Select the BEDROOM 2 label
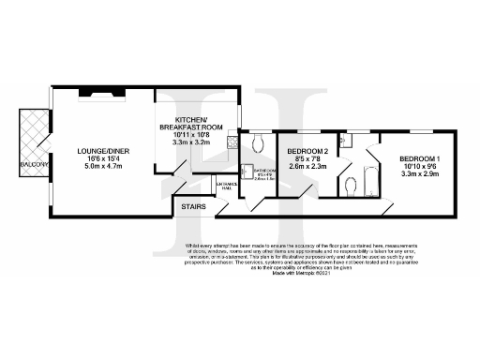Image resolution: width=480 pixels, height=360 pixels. pos(307,152)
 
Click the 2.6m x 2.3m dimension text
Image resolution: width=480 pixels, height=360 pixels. pos(307,166)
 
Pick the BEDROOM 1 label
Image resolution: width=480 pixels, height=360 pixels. pos(418,158)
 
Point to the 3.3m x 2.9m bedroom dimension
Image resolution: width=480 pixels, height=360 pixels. pos(418,174)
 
